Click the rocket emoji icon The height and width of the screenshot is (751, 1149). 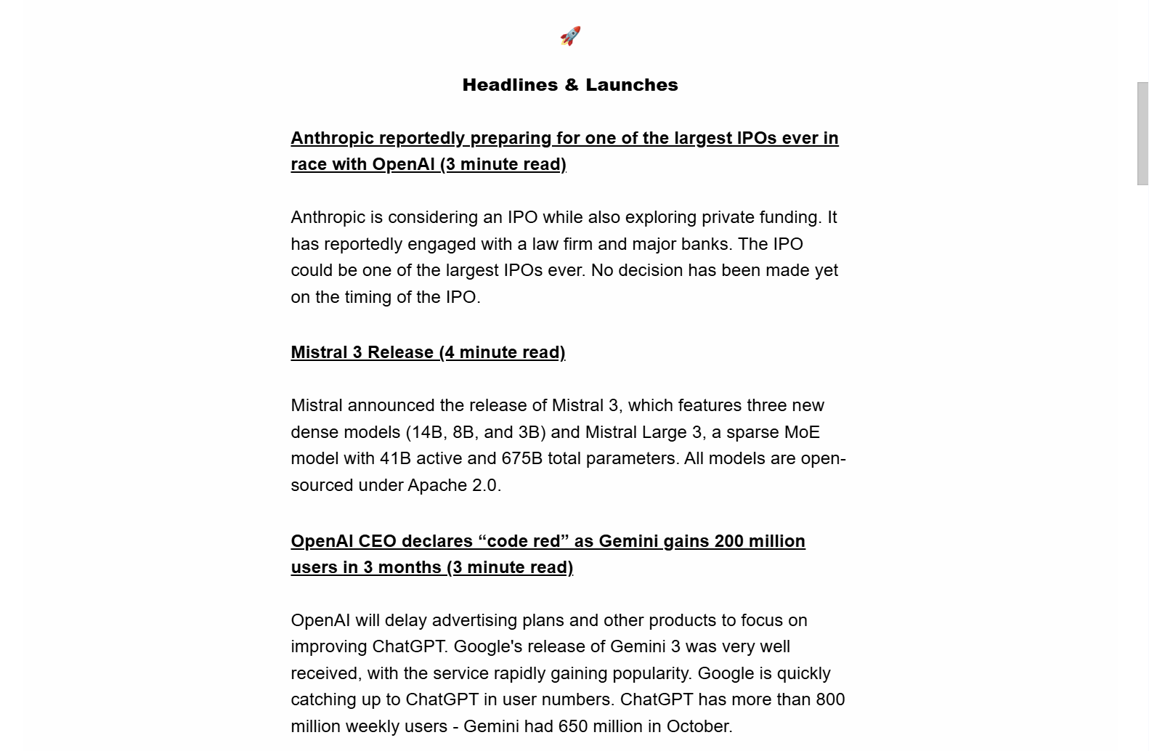(570, 36)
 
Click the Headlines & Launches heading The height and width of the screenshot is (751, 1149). (570, 85)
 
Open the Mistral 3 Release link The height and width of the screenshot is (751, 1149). (428, 352)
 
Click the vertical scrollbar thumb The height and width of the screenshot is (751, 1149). (1142, 134)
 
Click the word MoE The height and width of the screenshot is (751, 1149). (802, 432)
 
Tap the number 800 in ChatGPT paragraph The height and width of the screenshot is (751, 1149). (830, 699)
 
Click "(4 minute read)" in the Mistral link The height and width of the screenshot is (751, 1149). (502, 352)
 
